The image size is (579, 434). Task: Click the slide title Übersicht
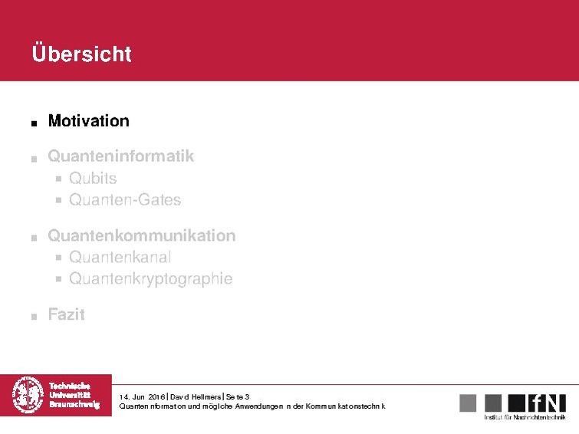[81, 54]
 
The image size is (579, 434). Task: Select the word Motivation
[88, 120]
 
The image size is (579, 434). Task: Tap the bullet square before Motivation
[34, 123]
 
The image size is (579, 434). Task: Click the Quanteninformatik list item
[120, 156]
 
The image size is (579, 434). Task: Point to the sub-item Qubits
[93, 179]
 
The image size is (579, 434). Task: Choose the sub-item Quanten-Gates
[125, 200]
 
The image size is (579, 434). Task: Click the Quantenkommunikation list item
[141, 235]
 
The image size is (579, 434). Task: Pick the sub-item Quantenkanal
[120, 257]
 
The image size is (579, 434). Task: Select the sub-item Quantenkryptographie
[150, 278]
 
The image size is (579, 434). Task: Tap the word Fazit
[66, 314]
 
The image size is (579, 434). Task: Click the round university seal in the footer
[28, 395]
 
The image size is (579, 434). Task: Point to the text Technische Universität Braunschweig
[74, 395]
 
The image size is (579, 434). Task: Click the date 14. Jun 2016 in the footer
[143, 396]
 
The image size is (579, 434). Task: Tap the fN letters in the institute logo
[547, 403]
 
